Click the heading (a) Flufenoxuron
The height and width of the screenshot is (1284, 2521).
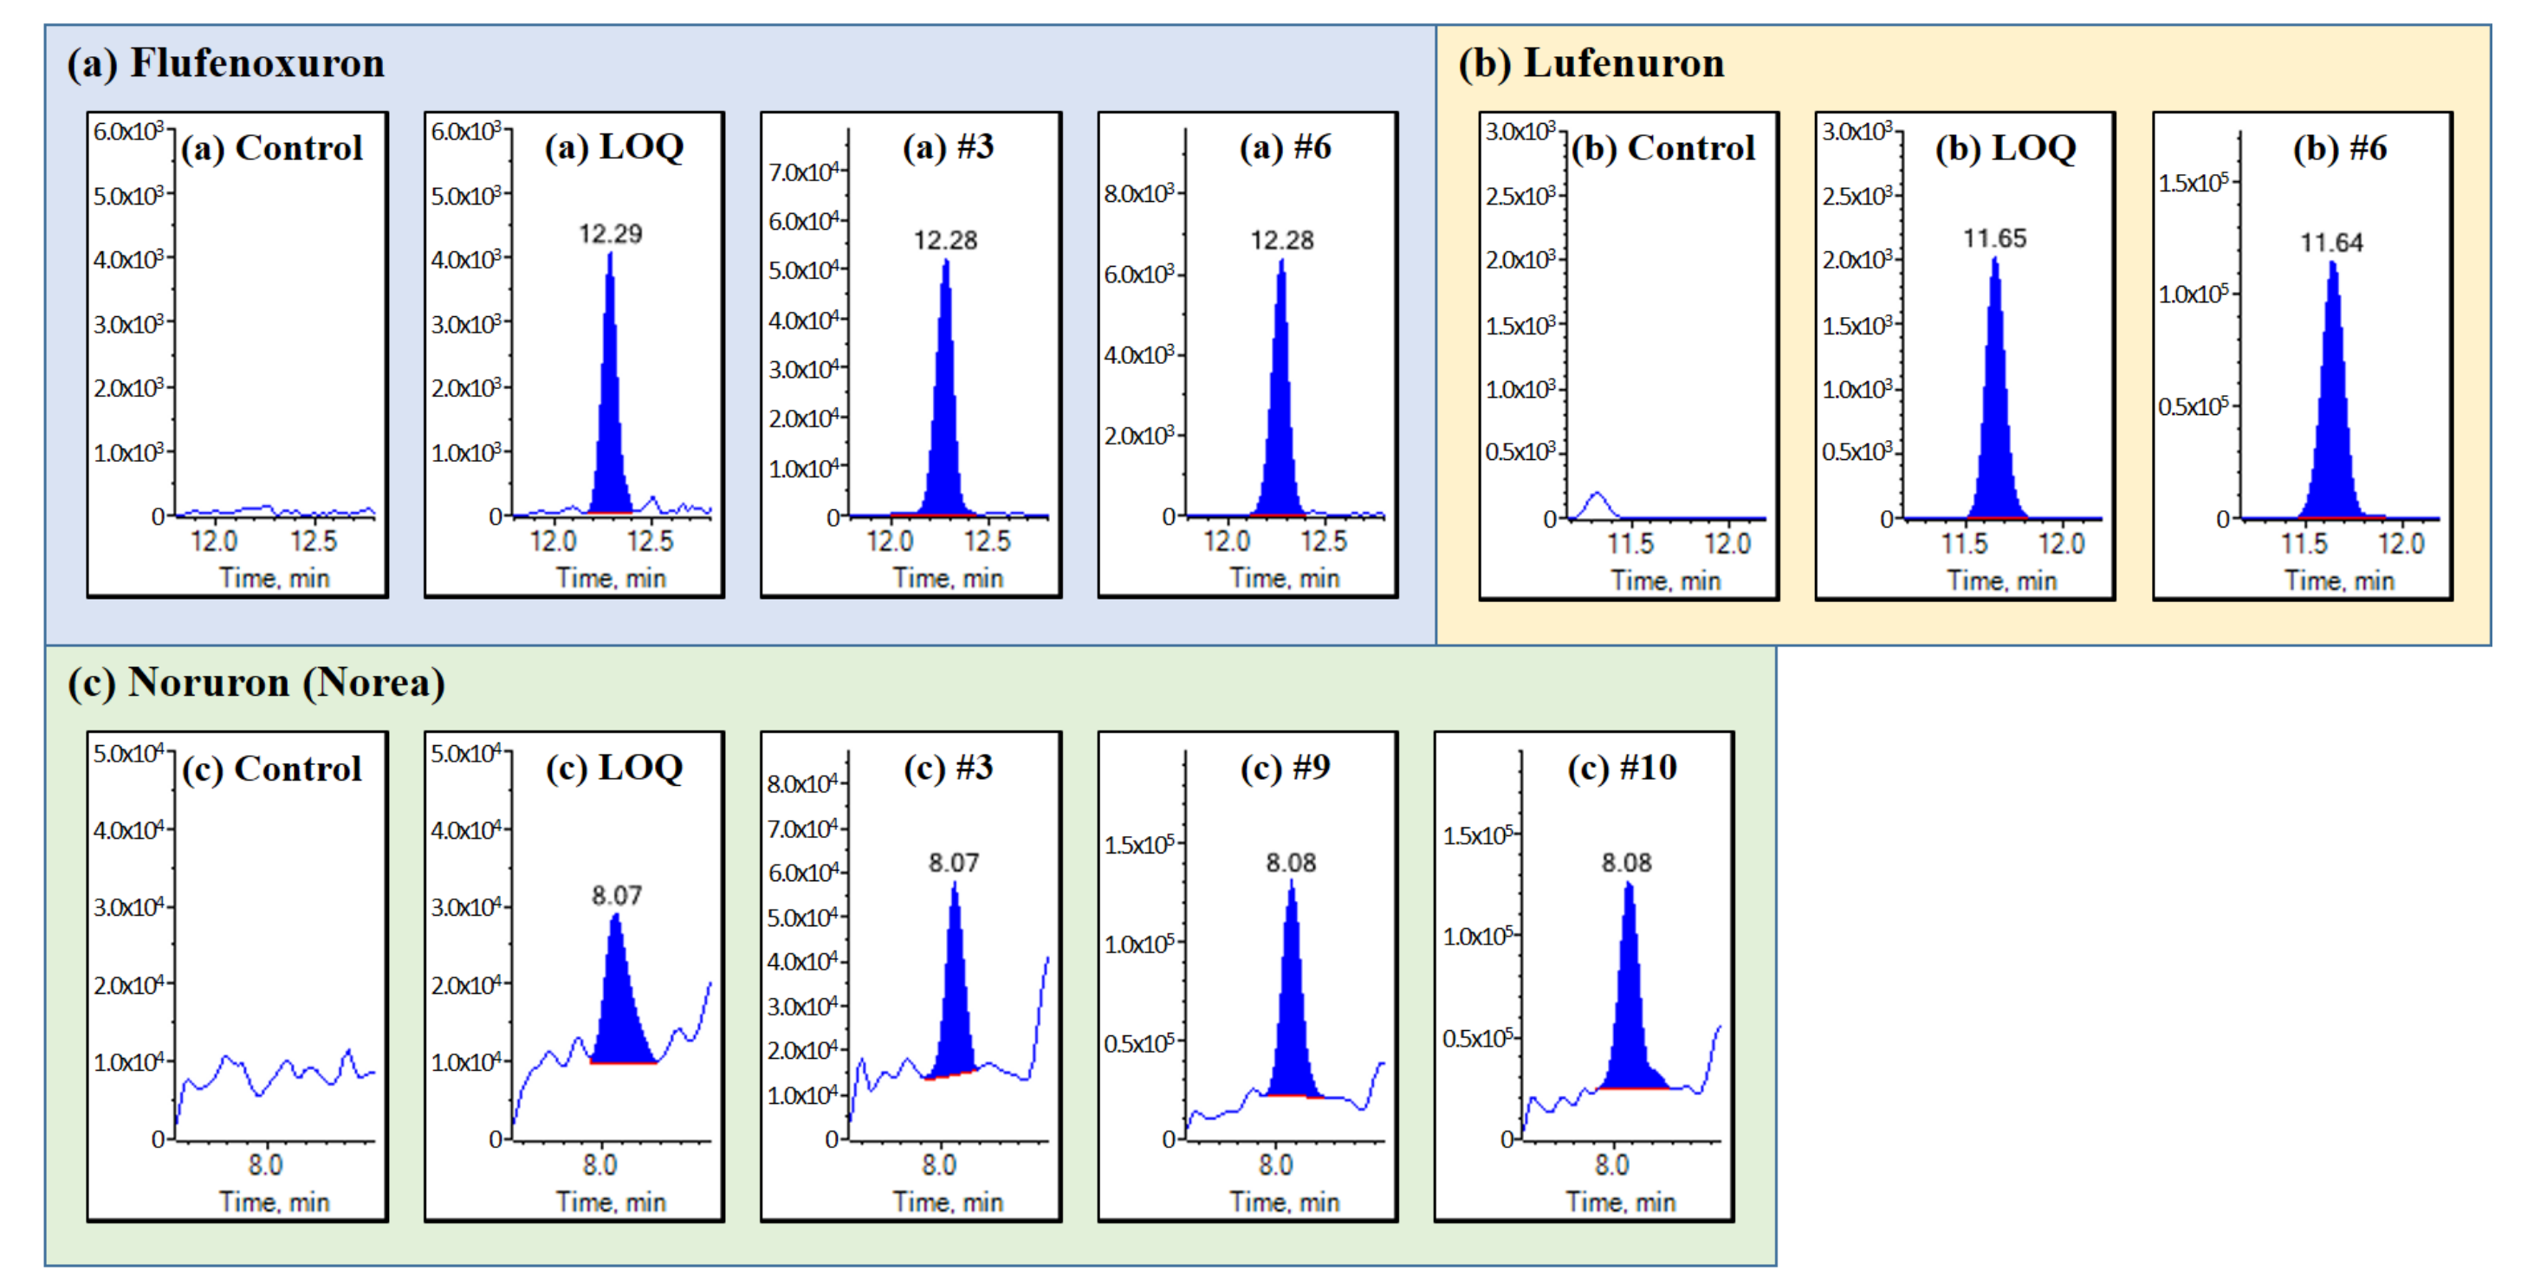(x=225, y=63)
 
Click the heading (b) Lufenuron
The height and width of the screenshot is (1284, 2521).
(x=1591, y=63)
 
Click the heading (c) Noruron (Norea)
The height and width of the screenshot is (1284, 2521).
(x=256, y=683)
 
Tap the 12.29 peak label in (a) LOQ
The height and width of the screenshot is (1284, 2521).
(x=610, y=234)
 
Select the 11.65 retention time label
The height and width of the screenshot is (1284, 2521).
(x=1994, y=239)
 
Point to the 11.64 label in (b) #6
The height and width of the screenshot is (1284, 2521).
(x=2331, y=243)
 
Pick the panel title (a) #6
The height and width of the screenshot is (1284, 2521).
(x=1284, y=148)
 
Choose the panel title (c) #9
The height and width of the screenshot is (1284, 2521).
(x=1284, y=768)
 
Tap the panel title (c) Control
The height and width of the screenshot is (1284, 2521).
(x=272, y=769)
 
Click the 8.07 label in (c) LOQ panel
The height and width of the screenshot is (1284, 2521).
(x=617, y=896)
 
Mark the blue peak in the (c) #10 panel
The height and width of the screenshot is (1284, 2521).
(x=1629, y=1008)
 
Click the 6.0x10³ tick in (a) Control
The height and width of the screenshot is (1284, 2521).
(x=128, y=131)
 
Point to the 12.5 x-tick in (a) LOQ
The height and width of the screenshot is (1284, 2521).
(x=650, y=541)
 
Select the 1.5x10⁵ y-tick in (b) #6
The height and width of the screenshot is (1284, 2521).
(x=2194, y=183)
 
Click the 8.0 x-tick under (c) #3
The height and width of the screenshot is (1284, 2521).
(x=938, y=1164)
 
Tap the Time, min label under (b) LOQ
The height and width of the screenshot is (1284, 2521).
(x=2002, y=581)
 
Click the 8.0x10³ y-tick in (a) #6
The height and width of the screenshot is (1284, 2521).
(x=1139, y=194)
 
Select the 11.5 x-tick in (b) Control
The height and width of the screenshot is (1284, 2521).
(x=1630, y=543)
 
